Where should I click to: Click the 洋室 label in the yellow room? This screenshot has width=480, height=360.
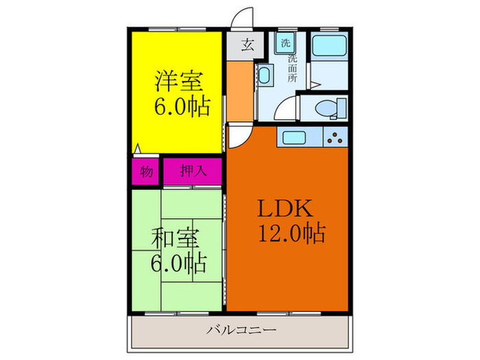(178, 82)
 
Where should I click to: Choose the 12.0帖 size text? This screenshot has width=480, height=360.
(290, 233)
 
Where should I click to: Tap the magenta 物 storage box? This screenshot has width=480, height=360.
(145, 171)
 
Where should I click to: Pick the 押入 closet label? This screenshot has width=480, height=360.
(192, 171)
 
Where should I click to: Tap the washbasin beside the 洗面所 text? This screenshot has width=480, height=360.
(265, 75)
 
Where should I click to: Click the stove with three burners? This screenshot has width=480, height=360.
(335, 137)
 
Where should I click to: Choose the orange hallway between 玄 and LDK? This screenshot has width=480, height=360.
(240, 89)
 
